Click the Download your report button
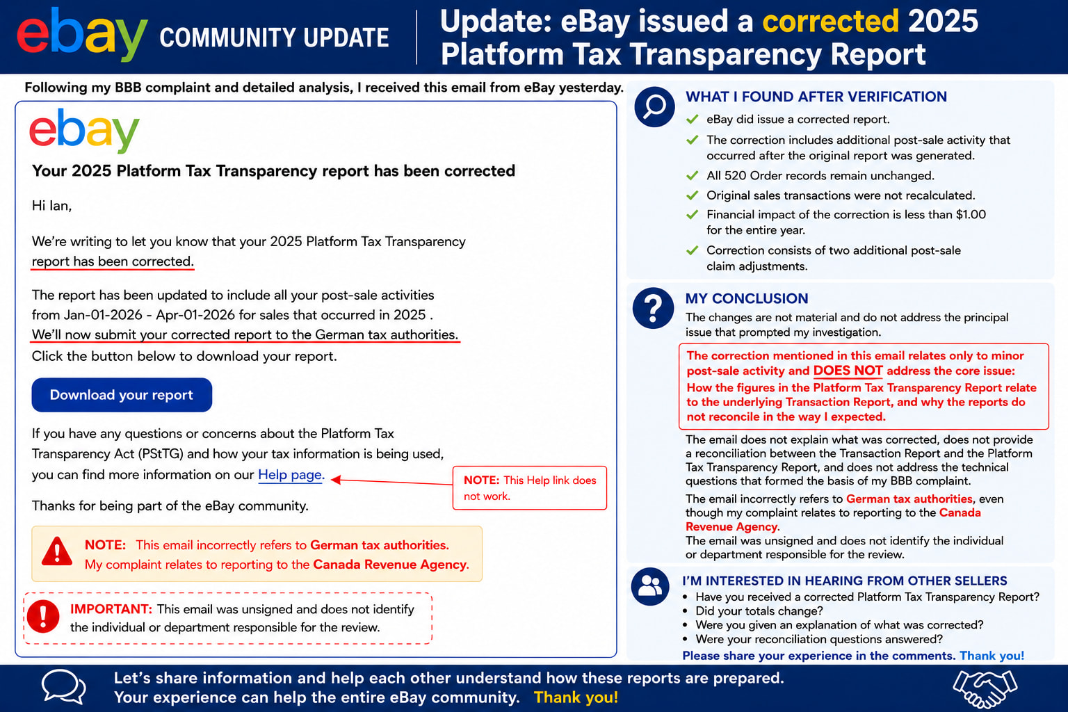(x=122, y=395)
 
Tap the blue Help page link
(x=291, y=475)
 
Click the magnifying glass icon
(x=654, y=106)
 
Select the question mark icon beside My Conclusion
(x=653, y=308)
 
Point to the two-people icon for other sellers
(x=650, y=586)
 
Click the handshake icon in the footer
(x=985, y=688)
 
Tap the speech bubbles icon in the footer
(x=63, y=686)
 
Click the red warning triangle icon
(x=57, y=552)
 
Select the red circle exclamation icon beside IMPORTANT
(x=43, y=616)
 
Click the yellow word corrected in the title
(x=831, y=21)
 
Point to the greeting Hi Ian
(x=51, y=206)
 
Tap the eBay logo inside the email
(x=84, y=130)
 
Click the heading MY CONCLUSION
(x=747, y=298)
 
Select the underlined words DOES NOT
(x=848, y=371)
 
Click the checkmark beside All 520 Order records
(x=693, y=175)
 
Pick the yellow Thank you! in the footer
(x=576, y=697)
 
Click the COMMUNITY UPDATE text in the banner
(x=274, y=38)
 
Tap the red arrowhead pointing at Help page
(x=336, y=479)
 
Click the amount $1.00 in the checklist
(x=971, y=215)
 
